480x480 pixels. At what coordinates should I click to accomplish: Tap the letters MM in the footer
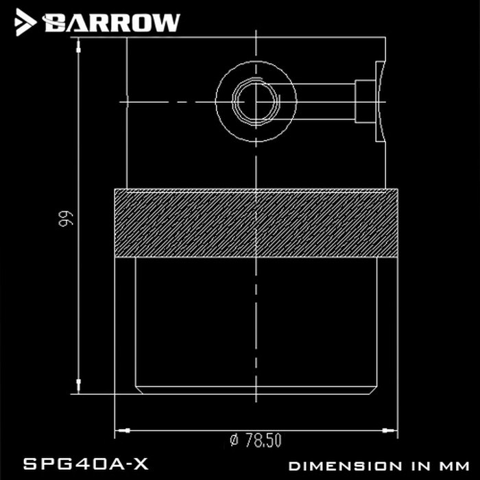[x=450, y=465]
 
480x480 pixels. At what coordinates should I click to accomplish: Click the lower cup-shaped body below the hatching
[x=256, y=322]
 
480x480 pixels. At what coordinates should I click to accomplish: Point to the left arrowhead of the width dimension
[x=123, y=430]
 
